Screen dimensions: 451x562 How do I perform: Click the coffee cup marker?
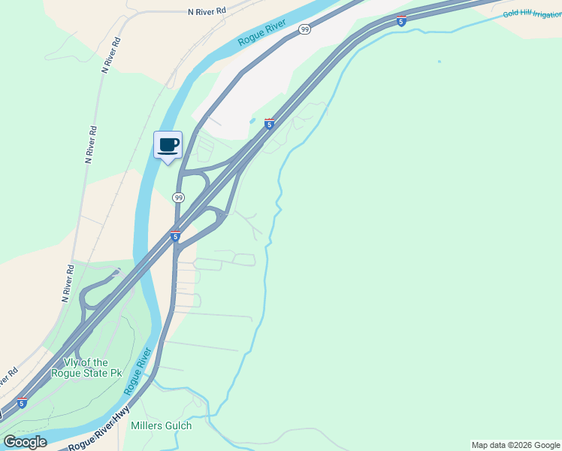click(x=168, y=144)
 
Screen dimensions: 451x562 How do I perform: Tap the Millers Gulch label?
click(x=161, y=425)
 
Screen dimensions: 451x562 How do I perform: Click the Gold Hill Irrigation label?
click(x=532, y=14)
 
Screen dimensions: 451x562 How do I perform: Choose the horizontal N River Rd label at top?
click(x=207, y=12)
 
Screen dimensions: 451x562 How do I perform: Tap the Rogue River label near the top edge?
click(x=262, y=33)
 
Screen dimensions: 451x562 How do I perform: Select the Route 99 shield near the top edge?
click(x=304, y=29)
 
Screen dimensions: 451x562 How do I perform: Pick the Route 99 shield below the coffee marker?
click(x=178, y=198)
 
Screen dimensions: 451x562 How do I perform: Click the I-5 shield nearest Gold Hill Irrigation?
click(x=402, y=20)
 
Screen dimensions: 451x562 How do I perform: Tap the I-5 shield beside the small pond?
click(x=269, y=124)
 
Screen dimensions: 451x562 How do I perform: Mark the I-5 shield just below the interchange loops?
click(x=175, y=236)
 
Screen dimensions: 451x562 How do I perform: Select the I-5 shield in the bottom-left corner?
click(x=22, y=403)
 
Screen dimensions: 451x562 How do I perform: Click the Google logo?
click(x=24, y=441)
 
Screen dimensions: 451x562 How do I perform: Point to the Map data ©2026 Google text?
click(x=515, y=445)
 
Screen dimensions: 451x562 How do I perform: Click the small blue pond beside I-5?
click(x=252, y=120)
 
